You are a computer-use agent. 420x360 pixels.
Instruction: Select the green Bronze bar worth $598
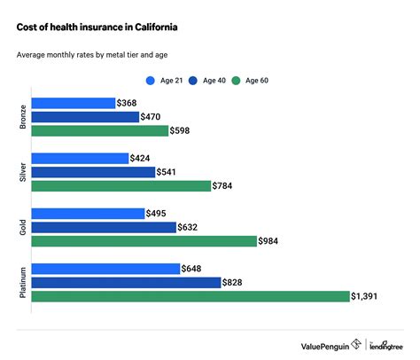(99, 130)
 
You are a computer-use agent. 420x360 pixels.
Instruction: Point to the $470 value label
(154, 117)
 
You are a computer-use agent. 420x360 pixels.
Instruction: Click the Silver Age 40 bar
(93, 172)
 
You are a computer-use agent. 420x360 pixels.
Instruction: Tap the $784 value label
(227, 185)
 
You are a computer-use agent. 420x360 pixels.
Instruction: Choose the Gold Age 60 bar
(144, 240)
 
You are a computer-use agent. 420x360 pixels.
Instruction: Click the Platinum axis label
(20, 282)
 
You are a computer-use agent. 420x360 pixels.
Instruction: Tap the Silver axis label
(20, 172)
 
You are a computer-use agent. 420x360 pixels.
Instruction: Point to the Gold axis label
(20, 227)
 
